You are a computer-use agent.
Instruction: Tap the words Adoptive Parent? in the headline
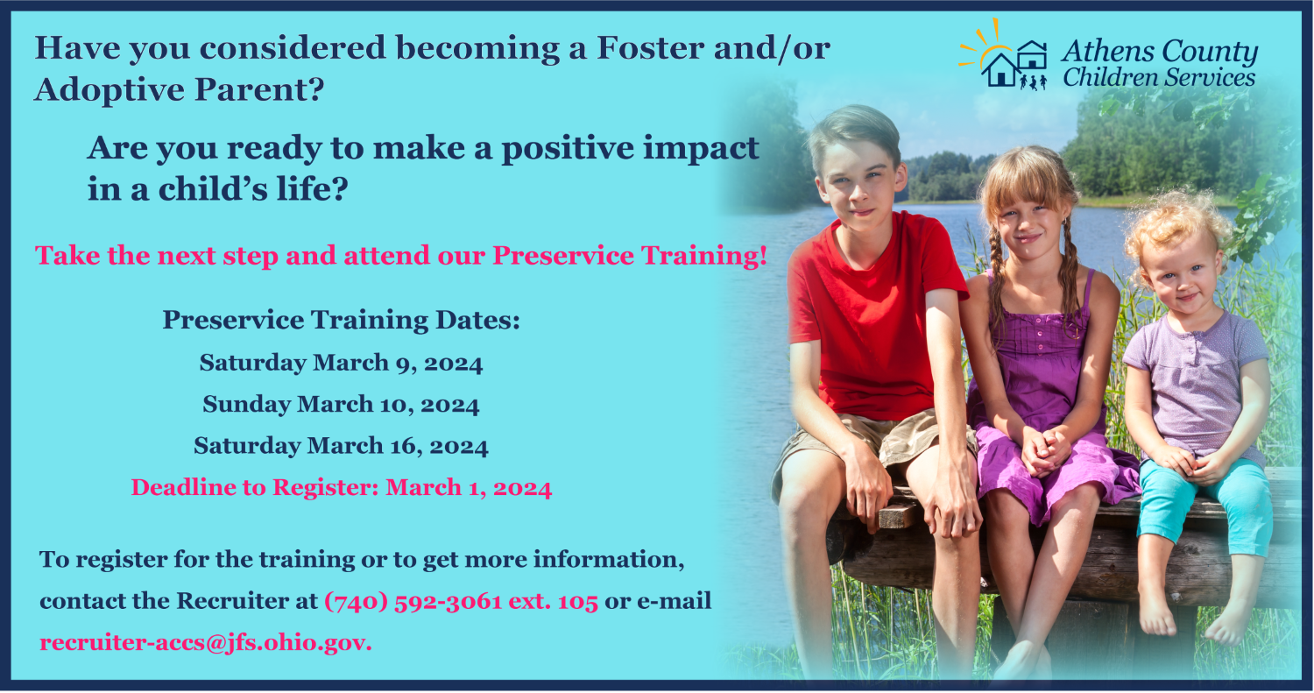[180, 89]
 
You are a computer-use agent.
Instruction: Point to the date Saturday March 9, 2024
[341, 363]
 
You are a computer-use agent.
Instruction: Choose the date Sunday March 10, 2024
[341, 404]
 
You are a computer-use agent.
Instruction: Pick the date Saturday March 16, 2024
[341, 446]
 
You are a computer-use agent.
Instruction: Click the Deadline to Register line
[341, 488]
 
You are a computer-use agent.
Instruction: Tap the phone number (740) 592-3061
[413, 602]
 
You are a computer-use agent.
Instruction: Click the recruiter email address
[205, 643]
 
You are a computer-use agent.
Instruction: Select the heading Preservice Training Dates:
[341, 321]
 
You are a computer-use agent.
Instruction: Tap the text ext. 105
[553, 602]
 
